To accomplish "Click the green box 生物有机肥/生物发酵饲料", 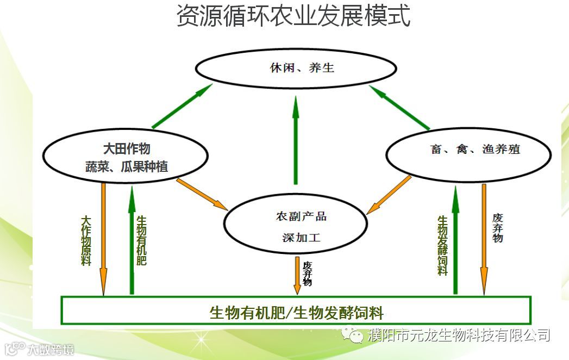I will pos(296,311).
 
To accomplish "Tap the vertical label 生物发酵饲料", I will pos(443,245).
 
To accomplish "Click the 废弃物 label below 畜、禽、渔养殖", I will pos(497,227).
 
